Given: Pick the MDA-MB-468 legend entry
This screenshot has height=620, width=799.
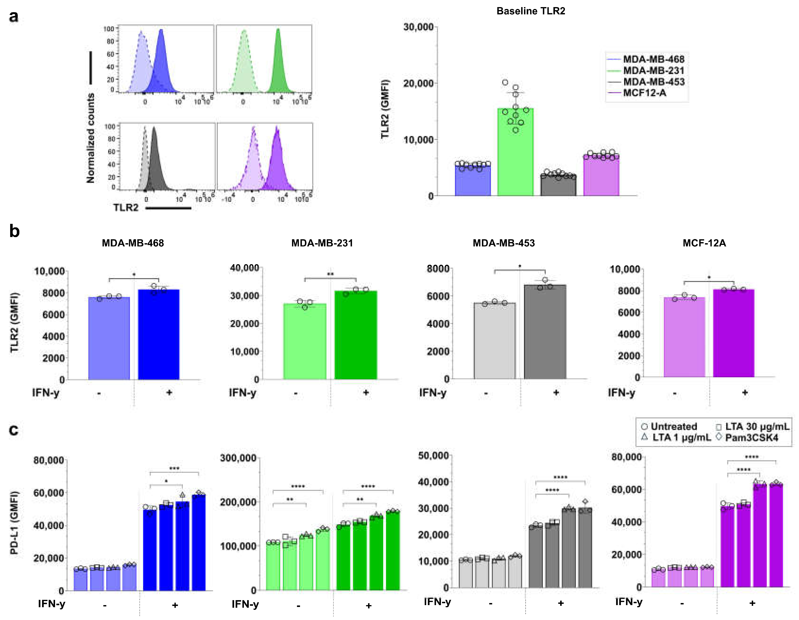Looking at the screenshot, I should [x=653, y=59].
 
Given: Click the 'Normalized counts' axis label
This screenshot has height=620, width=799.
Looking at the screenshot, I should [x=90, y=138].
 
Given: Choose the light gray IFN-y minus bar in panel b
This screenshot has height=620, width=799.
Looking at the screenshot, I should [x=494, y=340].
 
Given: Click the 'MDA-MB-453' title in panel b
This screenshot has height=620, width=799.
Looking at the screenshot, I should [x=503, y=243].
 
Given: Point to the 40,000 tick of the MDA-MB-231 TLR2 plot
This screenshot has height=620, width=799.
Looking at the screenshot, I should [x=244, y=268].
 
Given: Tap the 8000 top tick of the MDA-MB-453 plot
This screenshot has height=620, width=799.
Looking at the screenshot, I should [x=438, y=269].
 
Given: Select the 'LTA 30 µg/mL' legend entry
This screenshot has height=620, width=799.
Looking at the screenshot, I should [x=756, y=427].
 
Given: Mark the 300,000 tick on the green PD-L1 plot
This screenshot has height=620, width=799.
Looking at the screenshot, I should [x=238, y=458].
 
